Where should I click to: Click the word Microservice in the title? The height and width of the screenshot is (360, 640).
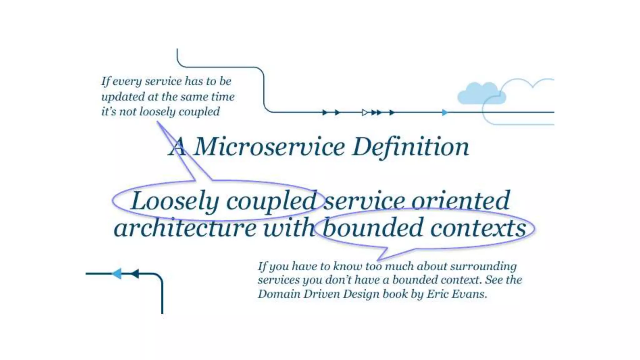click(x=269, y=147)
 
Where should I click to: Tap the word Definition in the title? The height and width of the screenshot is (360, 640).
click(x=410, y=147)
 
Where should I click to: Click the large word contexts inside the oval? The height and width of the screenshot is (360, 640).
click(x=478, y=228)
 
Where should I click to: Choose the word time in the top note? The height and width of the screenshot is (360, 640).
click(x=222, y=97)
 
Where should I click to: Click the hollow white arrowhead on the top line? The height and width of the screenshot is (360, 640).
click(x=365, y=112)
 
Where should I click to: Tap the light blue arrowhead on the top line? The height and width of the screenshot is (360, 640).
click(x=445, y=112)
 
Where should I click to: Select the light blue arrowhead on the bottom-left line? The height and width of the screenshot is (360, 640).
click(x=117, y=273)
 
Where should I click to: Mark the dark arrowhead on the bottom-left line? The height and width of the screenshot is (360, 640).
click(x=135, y=273)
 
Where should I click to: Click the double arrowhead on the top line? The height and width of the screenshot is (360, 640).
click(x=377, y=112)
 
